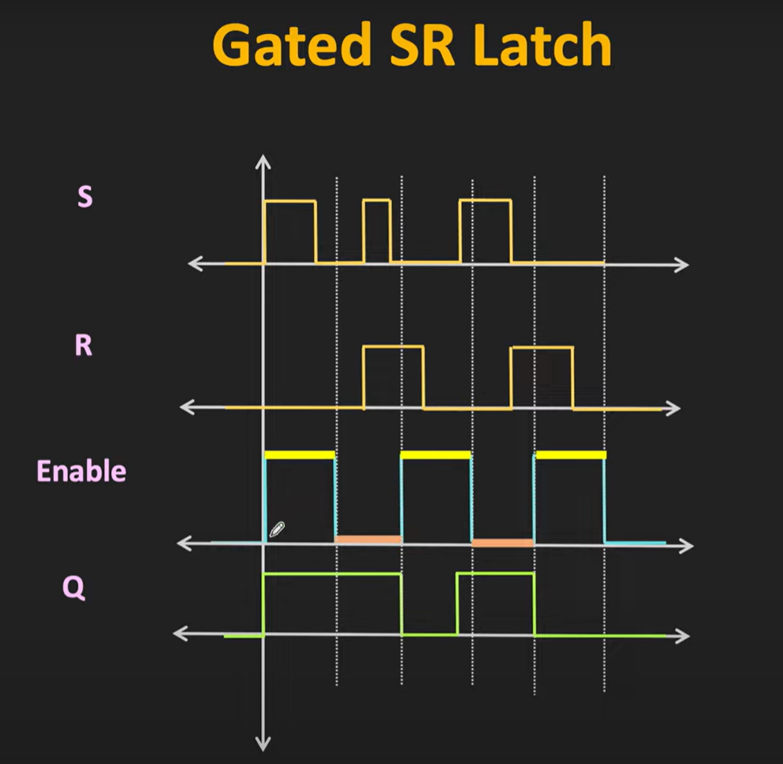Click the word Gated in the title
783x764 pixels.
[x=292, y=45]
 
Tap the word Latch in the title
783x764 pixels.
[x=543, y=44]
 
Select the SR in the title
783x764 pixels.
[x=422, y=44]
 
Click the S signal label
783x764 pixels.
[x=85, y=196]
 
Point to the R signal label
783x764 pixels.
[x=83, y=345]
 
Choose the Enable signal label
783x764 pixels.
[x=81, y=471]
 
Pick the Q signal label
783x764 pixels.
[x=74, y=588]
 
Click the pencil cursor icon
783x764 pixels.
[x=277, y=529]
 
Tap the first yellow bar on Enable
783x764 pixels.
[x=300, y=455]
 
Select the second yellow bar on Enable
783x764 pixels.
[x=436, y=455]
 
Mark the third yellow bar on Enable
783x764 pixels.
[x=571, y=455]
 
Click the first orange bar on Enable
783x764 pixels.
[x=369, y=539]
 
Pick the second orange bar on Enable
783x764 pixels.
[x=503, y=543]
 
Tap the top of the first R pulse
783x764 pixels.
[x=394, y=346]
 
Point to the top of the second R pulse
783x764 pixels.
[x=542, y=347]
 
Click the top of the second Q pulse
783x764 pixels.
[x=495, y=573]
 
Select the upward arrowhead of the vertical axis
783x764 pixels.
[x=263, y=162]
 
